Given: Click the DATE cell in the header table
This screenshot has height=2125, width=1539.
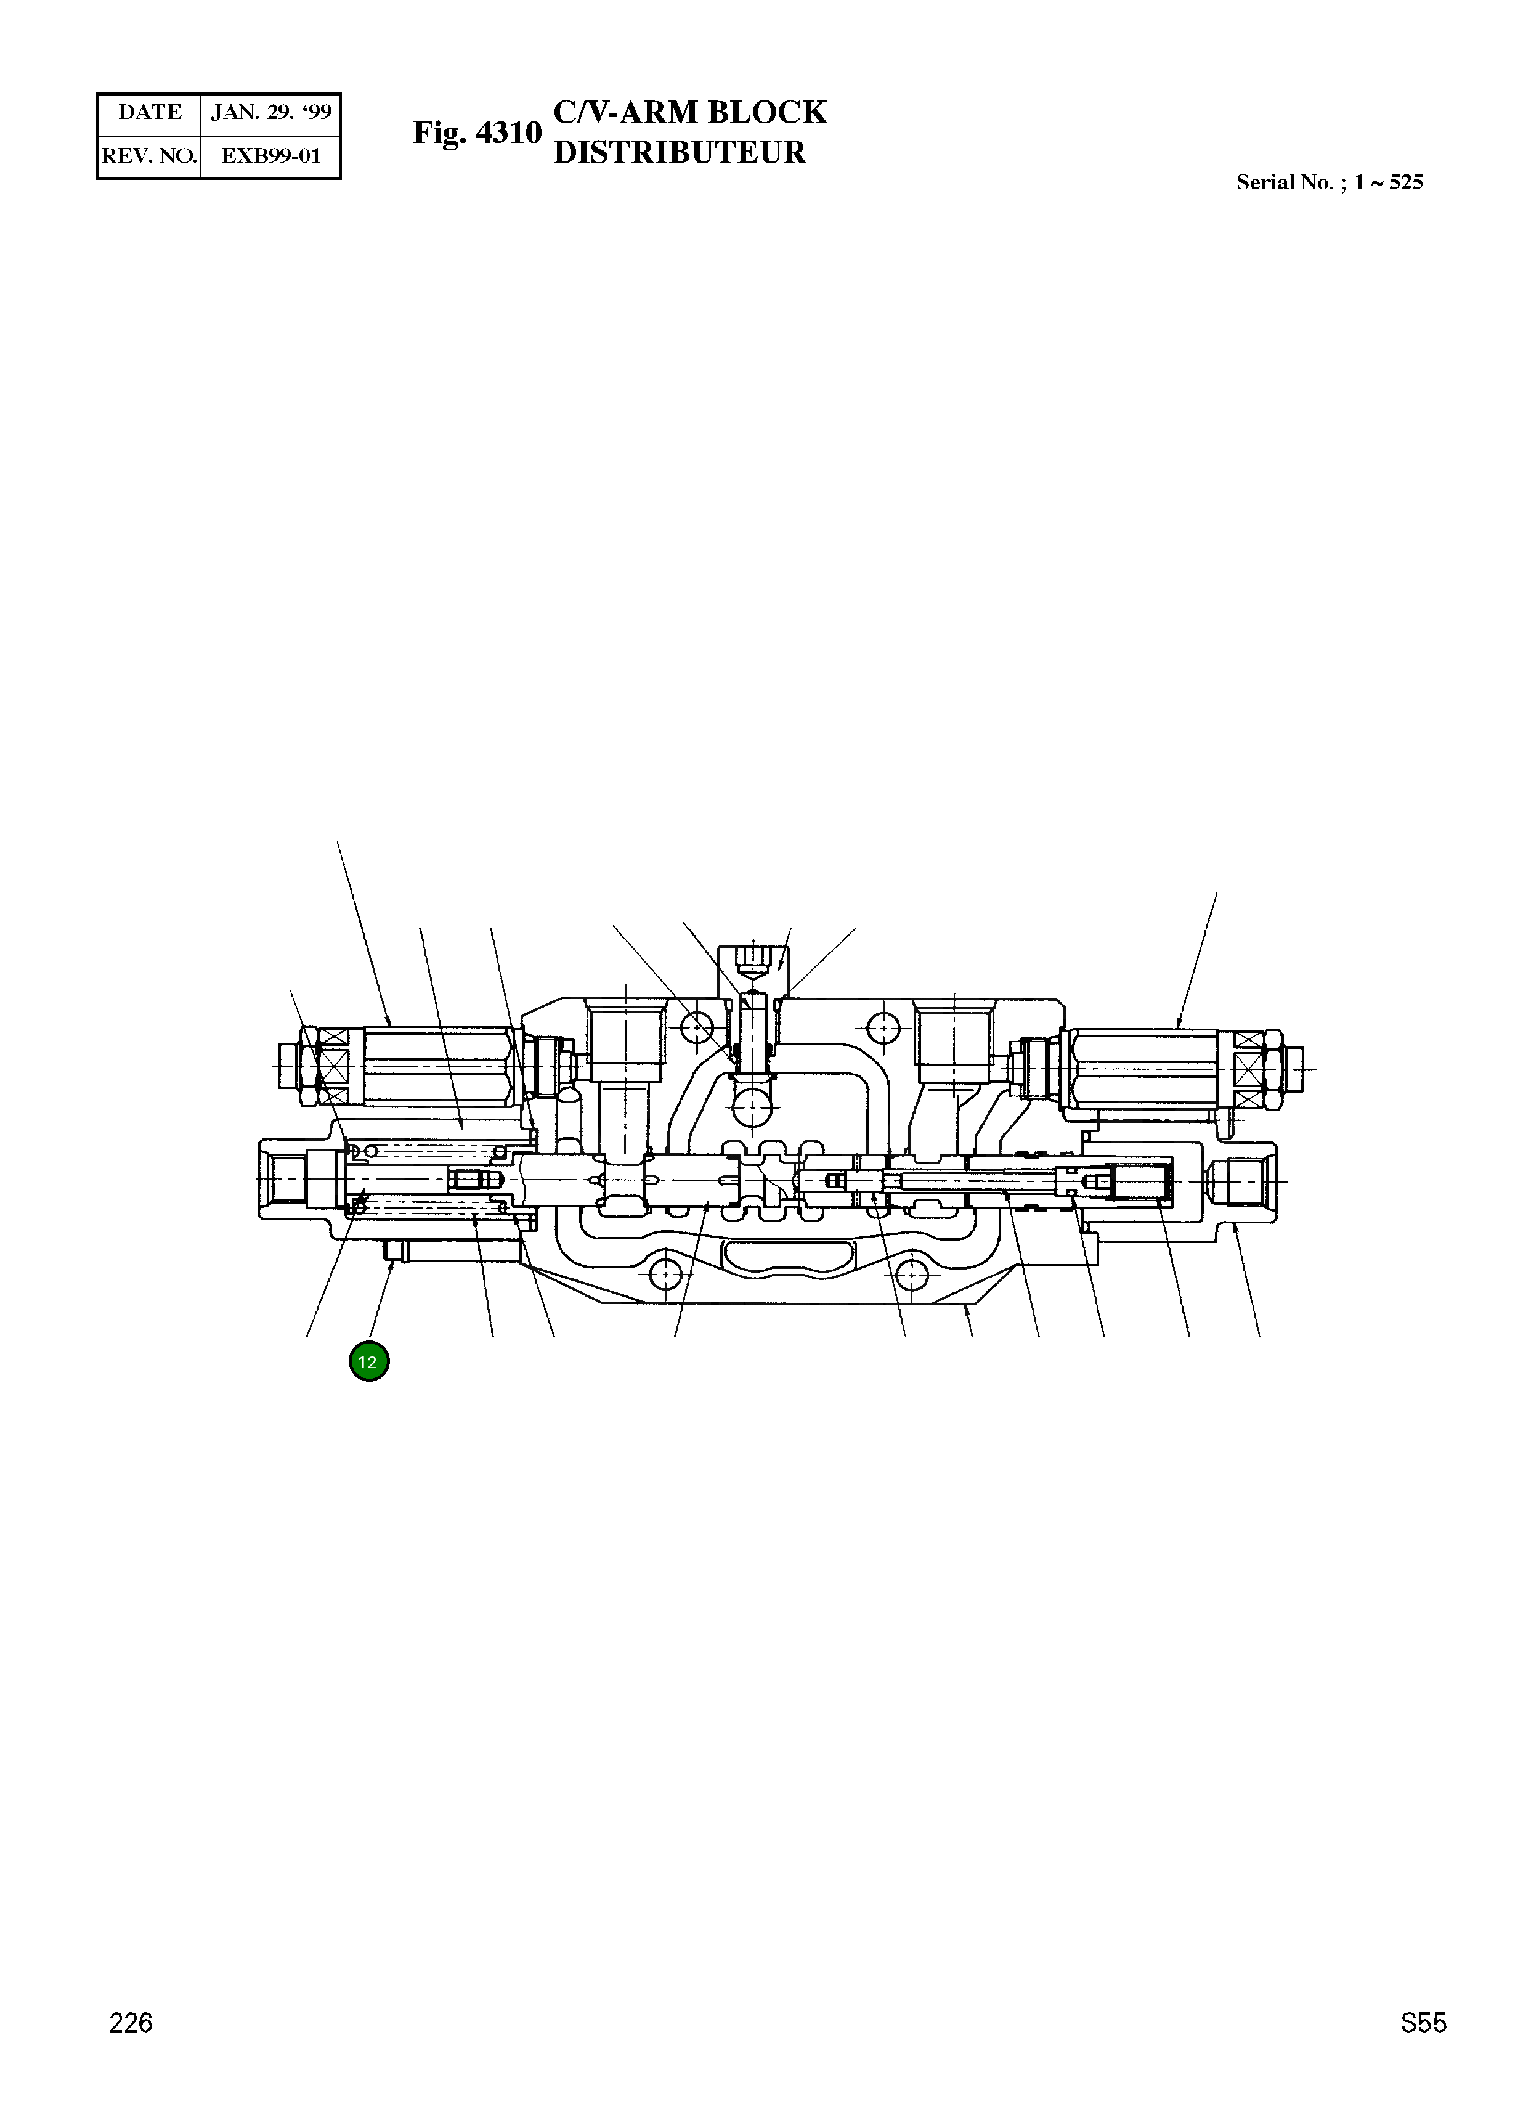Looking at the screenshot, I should coord(149,113).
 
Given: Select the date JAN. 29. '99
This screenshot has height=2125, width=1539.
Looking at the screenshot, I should coord(270,113).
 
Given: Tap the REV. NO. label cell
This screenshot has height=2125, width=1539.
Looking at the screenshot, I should coord(149,157).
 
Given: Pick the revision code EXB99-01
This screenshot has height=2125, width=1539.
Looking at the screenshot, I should coord(270,157).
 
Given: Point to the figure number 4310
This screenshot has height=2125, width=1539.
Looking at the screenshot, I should coord(509,133).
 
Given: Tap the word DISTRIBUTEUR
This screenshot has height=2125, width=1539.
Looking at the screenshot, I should coord(679,153).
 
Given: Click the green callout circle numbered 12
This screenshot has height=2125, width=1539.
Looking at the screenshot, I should coord(368,1362).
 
